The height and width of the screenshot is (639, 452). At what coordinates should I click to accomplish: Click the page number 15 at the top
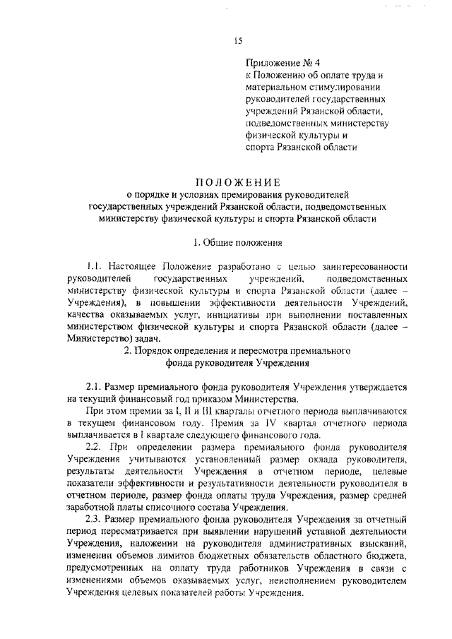[x=238, y=41]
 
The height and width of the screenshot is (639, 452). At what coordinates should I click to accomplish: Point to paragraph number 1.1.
[x=95, y=266]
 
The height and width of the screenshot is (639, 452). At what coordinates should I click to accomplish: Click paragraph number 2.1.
[x=95, y=387]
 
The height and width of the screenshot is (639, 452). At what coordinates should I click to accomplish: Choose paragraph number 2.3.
[x=95, y=520]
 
